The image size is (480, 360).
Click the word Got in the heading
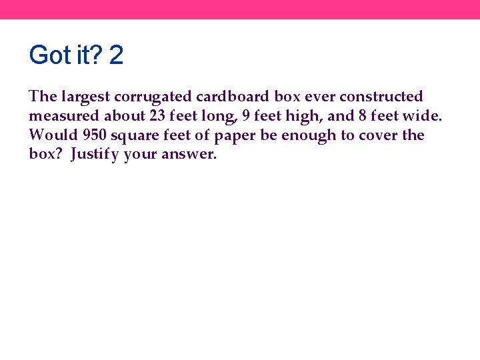click(50, 55)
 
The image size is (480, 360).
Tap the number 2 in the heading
click(116, 55)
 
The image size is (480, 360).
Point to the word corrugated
click(143, 97)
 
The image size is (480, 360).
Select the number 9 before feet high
click(247, 116)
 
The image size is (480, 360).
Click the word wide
click(421, 116)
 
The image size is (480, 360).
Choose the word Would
click(53, 135)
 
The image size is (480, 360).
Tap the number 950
click(95, 135)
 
